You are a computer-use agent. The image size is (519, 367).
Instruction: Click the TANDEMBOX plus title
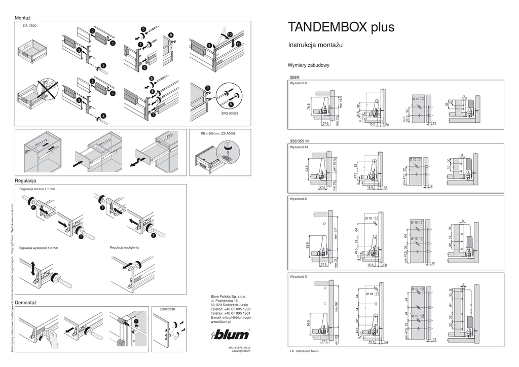[341, 27]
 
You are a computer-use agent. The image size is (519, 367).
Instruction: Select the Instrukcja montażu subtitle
[315, 45]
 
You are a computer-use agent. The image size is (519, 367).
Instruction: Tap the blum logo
[230, 334]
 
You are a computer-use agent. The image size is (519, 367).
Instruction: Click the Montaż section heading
[24, 17]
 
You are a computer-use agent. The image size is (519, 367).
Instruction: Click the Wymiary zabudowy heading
[309, 65]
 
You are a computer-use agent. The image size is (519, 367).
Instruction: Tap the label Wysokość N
[299, 83]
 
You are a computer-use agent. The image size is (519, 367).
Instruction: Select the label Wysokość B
[299, 199]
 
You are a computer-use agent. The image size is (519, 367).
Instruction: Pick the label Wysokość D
[299, 277]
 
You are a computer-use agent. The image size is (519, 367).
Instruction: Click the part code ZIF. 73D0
[29, 25]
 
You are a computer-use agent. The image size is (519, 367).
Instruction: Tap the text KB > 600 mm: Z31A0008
[218, 134]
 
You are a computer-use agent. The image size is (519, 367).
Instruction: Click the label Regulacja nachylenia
[124, 247]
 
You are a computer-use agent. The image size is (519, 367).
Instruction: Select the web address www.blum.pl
[221, 322]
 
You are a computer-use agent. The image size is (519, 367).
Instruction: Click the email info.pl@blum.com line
[231, 317]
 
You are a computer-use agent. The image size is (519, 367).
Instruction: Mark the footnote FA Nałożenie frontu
[305, 351]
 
